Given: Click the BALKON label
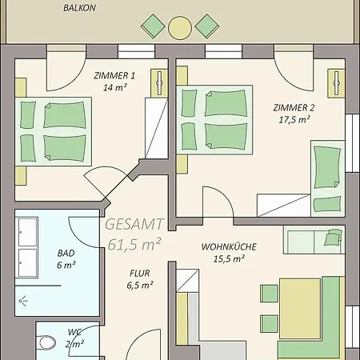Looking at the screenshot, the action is coord(79,8).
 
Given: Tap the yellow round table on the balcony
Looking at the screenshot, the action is coord(180,28).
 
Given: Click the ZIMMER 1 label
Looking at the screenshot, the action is coord(114,76).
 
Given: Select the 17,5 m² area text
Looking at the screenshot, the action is coord(294,120).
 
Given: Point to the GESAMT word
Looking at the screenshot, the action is coord(134,224).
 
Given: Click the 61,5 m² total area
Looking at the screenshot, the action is coord(134,244).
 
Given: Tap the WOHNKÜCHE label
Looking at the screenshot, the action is coord(229,246).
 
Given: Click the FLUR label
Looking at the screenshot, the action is coord(140,274).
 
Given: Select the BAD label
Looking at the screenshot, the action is coord(66,253).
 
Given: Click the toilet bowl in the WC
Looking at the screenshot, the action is coord(47,342).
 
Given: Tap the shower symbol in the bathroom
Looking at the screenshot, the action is coord(23,301).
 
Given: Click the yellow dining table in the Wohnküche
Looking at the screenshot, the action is coord(300,309).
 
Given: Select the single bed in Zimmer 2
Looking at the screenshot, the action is coord(328,178).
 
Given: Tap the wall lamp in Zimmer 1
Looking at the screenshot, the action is coord(159,83).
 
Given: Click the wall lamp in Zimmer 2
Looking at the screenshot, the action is coord(336,83).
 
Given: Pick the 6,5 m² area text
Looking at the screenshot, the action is coord(140,286).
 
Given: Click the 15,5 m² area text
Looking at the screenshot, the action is coord(229,258).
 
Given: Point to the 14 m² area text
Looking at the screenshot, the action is coord(114,87).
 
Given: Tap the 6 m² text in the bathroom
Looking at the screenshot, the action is coord(66,265).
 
